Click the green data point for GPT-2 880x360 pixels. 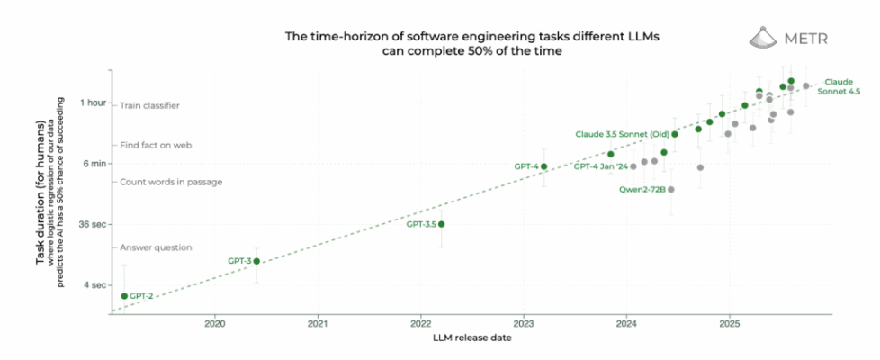[124, 295]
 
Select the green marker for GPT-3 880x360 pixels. [256, 261]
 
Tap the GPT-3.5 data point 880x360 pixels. [441, 224]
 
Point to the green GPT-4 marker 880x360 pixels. [543, 166]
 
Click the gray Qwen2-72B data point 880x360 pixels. [671, 190]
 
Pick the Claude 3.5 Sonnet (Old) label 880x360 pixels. [622, 134]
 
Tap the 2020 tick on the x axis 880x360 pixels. [215, 322]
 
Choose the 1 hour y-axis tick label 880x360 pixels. [92, 103]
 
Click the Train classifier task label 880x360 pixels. [149, 105]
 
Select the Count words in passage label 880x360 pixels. [170, 182]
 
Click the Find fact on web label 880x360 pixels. [155, 145]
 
